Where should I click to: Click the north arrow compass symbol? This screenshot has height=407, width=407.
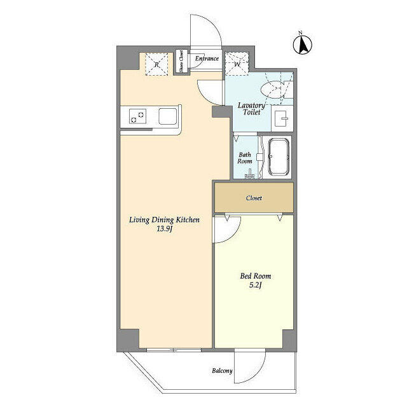pos(303,44)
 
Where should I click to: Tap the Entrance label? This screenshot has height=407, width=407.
pos(207,59)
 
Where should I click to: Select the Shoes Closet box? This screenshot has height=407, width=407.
pos(181,61)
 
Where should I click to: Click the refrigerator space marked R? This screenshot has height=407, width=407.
pos(157,64)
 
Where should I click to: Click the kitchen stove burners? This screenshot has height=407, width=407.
pos(137,117)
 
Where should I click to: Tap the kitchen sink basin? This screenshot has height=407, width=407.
pos(168,116)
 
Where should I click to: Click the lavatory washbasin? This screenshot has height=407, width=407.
pos(282,119)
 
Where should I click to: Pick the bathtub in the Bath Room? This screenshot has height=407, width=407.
pos(279,156)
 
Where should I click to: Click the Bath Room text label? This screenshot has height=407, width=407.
pos(244,158)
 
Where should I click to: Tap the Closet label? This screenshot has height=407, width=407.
pos(254,198)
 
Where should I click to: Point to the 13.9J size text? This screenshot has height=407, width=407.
pos(164,229)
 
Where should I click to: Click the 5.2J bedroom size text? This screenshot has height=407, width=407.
pos(256,285)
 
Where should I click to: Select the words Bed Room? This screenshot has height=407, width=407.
pos(256,276)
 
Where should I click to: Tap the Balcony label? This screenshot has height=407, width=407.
pos(222,371)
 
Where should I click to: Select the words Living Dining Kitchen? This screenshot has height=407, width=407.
pos(164,220)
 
